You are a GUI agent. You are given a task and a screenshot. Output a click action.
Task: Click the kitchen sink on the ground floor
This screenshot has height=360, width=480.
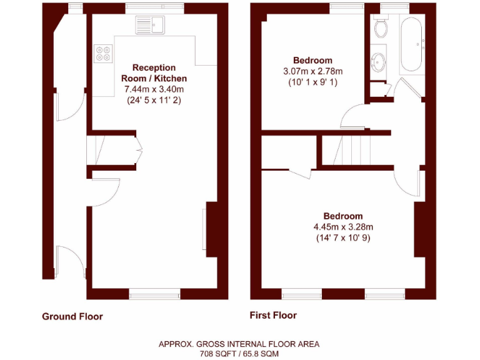(150, 26)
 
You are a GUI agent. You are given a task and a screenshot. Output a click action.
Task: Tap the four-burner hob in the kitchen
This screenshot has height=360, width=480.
(103, 54)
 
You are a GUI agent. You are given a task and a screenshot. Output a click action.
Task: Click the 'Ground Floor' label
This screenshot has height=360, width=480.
(72, 316)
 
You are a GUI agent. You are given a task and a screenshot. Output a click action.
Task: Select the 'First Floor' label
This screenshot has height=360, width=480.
(273, 315)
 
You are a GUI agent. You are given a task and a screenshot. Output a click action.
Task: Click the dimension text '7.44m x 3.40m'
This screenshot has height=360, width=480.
(154, 89)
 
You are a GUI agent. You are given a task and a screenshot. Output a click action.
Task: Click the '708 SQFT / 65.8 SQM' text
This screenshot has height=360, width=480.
(239, 353)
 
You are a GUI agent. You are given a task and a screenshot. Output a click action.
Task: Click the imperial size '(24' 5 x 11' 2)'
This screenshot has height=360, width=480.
(154, 100)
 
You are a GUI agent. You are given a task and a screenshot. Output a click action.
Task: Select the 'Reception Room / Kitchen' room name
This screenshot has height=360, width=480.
(154, 73)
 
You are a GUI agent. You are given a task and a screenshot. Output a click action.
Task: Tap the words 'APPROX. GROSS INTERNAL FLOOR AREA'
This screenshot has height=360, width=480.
(239, 344)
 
